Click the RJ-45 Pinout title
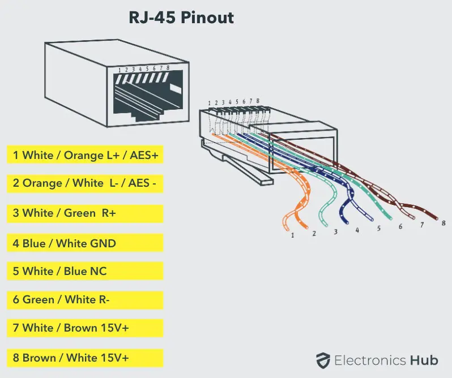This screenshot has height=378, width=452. tap(181, 18)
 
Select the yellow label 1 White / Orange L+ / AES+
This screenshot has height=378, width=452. tap(85, 154)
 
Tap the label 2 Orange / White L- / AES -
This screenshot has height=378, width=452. tap(85, 183)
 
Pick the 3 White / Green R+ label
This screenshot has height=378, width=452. tap(85, 213)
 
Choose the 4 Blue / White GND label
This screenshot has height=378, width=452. tap(85, 243)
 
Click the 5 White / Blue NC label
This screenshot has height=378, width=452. tap(85, 271)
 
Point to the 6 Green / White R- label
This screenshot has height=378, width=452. tap(85, 300)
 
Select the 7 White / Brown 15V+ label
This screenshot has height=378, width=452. tap(85, 328)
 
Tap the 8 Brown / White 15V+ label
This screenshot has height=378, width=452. tap(85, 358)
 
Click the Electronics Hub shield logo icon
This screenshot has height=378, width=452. tap(323, 360)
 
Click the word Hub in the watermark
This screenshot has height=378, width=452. tap(424, 360)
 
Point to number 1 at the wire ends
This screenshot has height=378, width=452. tap(292, 235)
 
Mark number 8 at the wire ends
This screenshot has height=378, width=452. tap(444, 223)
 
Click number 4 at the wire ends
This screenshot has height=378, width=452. tap(357, 230)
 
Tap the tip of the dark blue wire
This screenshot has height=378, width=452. tap(347, 222)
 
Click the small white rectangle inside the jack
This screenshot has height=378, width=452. tap(176, 89)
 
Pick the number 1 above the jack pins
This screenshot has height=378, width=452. tap(120, 70)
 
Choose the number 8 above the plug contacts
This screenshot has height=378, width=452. tap(257, 101)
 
